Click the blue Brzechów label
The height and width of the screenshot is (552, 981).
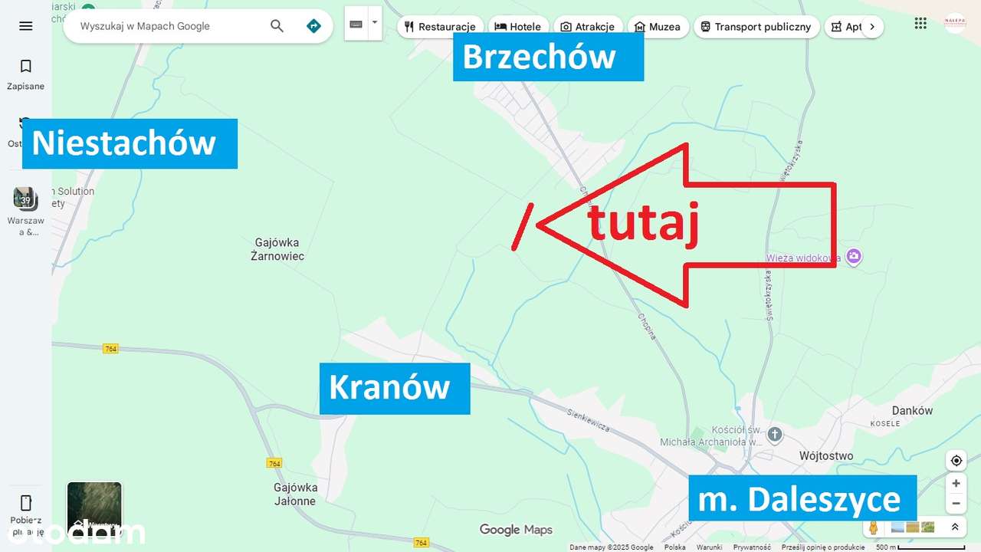point(547,58)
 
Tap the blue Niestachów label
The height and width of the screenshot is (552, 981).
point(130,143)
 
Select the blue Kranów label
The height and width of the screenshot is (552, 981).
point(394,388)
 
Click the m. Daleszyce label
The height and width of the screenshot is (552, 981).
point(802,500)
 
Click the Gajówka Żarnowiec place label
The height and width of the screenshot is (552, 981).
point(277,249)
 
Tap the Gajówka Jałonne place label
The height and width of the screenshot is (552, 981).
point(295,495)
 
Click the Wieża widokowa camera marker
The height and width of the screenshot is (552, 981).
point(854,257)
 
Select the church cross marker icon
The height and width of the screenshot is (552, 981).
point(775,435)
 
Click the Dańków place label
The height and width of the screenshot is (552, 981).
point(912,410)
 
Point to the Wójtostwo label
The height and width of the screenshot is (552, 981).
point(825,455)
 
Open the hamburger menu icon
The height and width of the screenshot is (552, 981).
point(26,26)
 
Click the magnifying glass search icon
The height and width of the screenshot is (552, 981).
point(277,26)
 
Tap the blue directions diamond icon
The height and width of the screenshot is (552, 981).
point(313,26)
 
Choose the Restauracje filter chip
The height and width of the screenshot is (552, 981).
point(441,27)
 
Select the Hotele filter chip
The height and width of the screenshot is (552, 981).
point(518,27)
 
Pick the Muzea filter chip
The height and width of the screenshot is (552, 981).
point(657,27)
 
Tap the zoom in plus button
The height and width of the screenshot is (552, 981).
point(956,484)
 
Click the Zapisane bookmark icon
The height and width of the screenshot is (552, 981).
point(26,67)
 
